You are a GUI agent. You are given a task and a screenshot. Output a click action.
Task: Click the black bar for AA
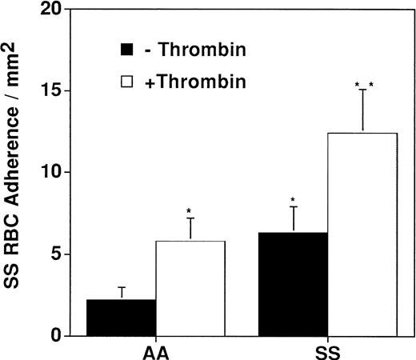tap(121, 318)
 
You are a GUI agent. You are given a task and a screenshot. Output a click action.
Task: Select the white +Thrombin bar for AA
tap(190, 288)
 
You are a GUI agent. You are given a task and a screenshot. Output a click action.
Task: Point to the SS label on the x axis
tap(328, 350)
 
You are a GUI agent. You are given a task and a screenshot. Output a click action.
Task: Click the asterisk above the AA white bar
tap(190, 212)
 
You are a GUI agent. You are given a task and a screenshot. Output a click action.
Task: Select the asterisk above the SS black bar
tap(294, 201)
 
